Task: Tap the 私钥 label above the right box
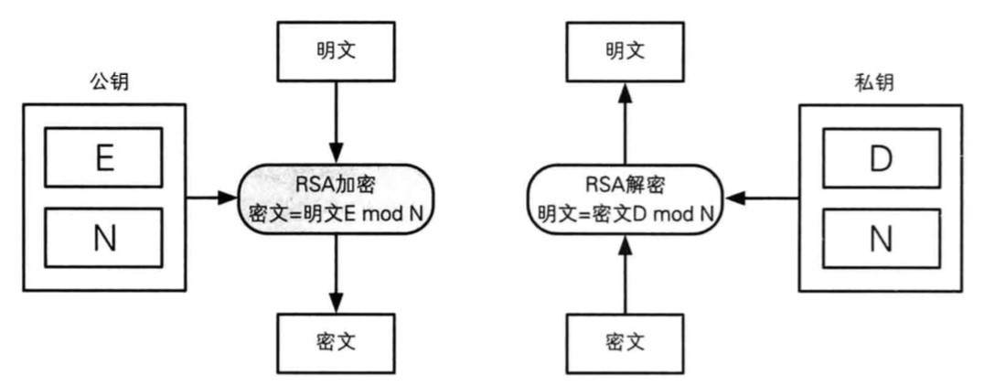click(x=870, y=82)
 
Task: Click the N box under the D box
click(x=880, y=239)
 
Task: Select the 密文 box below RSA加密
click(x=335, y=342)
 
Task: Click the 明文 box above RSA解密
click(x=626, y=50)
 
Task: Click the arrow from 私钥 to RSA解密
click(x=763, y=198)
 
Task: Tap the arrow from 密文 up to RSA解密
click(x=626, y=273)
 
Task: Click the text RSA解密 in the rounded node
click(x=626, y=184)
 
